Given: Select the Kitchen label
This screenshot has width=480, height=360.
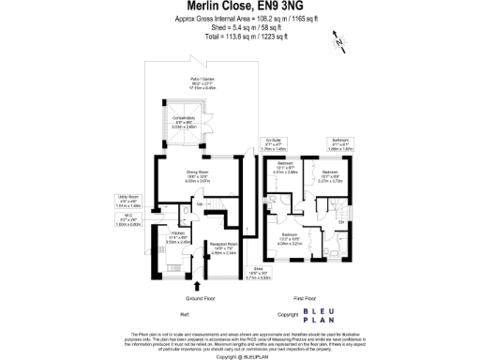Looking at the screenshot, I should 180,238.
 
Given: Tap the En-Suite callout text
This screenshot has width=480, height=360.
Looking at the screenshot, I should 273,145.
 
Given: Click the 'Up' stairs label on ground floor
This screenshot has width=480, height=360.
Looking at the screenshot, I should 174,202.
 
